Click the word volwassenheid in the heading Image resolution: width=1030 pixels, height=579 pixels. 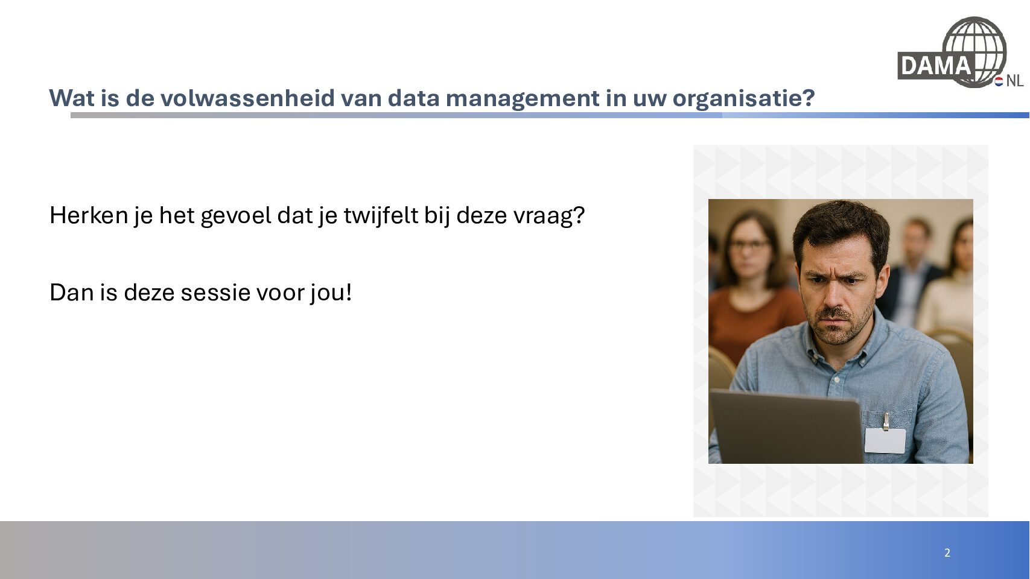247,98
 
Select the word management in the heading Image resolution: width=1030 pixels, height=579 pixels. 523,99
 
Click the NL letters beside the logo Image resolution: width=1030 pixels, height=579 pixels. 1015,81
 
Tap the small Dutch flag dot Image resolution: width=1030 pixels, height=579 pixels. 999,81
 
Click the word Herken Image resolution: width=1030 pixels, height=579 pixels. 89,215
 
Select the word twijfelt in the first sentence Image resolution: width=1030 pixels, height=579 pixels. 381,216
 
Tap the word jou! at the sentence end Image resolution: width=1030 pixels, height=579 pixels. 331,293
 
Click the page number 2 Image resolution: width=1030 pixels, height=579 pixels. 947,553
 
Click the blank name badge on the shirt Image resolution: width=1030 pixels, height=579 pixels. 885,441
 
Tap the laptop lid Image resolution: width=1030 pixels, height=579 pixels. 786,427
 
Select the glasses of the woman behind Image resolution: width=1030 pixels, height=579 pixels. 749,244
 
